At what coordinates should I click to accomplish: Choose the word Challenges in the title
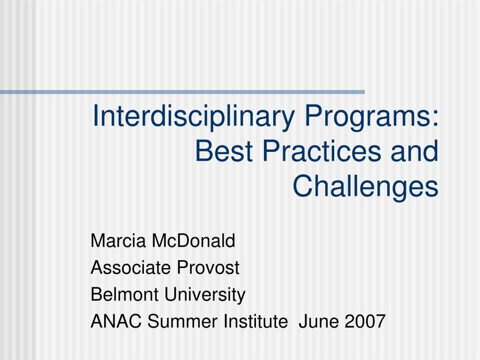point(366,186)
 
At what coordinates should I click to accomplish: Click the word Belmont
point(119,295)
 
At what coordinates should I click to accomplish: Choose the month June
point(317,322)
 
